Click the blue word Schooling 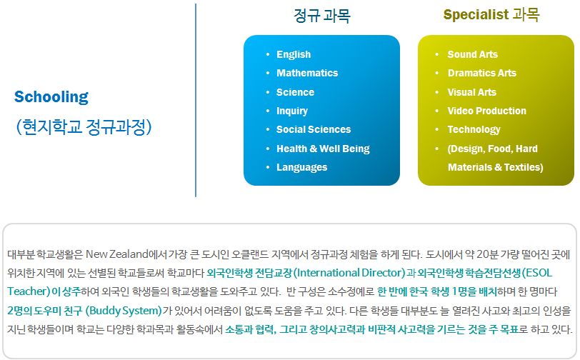[51, 97]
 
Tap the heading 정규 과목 [322, 16]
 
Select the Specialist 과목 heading [491, 15]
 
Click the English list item [294, 54]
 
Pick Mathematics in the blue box [307, 73]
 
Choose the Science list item [295, 92]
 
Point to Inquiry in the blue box [292, 111]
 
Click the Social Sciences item [314, 129]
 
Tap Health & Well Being [324, 149]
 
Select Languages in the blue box [302, 167]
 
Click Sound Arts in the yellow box [473, 54]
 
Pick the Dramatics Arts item [482, 73]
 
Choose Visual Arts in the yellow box [472, 92]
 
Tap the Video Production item [487, 111]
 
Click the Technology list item [474, 129]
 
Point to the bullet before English [268, 54]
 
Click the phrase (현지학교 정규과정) [84, 127]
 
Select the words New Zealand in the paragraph [117, 254]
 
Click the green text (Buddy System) [124, 311]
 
